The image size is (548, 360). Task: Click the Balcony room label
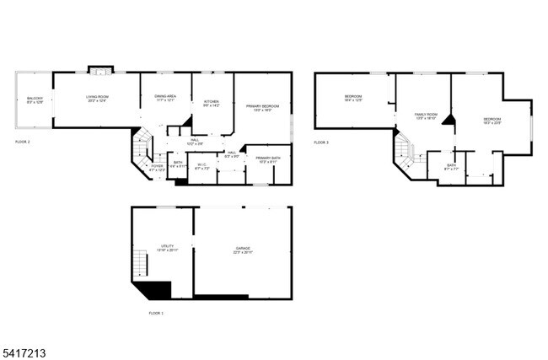[x=35, y=100]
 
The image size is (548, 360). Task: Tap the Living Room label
[x=97, y=99]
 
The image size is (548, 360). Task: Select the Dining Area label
[x=164, y=99]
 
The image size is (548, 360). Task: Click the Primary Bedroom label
[x=264, y=108]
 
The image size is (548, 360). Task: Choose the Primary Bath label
[x=268, y=160]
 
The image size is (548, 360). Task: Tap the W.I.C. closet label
[x=201, y=167]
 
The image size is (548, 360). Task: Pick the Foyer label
[x=158, y=167]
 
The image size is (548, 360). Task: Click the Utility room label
[x=167, y=248]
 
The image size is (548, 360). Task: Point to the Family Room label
[x=426, y=116]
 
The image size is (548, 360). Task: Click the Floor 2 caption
[x=22, y=142]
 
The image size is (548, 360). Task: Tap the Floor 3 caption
[x=321, y=142]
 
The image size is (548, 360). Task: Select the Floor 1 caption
[x=156, y=313]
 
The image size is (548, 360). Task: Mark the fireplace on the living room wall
[x=100, y=69]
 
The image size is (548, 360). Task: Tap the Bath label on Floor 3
[x=451, y=168]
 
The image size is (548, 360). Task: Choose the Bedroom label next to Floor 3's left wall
[x=353, y=99]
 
